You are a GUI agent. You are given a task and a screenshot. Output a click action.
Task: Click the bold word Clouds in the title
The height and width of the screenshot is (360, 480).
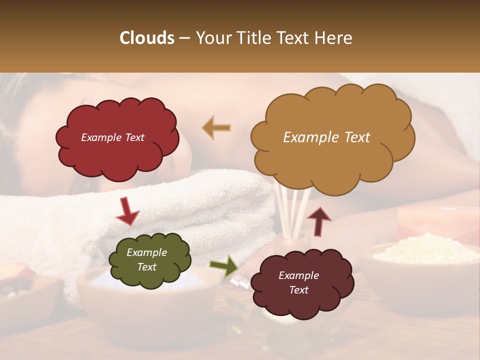(x=147, y=38)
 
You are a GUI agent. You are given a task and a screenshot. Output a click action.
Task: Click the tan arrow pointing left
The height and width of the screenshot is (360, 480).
(x=217, y=128)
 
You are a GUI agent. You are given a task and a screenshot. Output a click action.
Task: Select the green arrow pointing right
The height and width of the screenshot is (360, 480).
(x=223, y=266)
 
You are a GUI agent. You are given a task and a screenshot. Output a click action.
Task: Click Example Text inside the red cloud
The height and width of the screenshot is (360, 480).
(x=112, y=137)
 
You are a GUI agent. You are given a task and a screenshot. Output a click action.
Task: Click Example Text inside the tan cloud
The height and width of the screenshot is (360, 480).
(x=326, y=137)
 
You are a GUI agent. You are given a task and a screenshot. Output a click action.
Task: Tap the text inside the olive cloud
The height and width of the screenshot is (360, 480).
(x=147, y=259)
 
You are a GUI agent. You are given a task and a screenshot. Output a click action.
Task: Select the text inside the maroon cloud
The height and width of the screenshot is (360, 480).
(x=298, y=282)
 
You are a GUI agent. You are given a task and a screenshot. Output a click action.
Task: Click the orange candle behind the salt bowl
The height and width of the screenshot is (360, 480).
(x=435, y=220)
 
